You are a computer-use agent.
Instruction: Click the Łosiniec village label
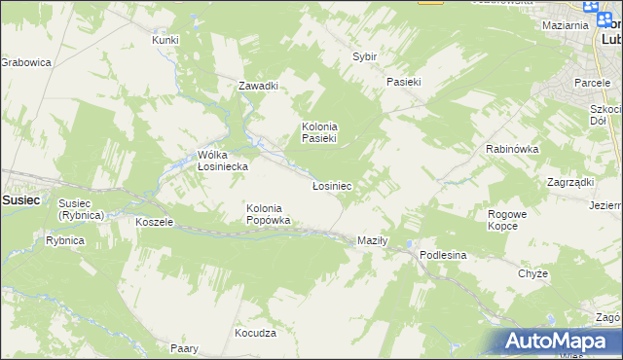331,185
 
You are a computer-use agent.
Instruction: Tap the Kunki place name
165,40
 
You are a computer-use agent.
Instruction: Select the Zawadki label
259,86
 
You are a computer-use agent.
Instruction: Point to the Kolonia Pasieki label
318,132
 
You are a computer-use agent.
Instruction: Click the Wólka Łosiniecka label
223,161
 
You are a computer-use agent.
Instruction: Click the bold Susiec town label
20,199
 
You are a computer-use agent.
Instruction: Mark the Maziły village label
373,240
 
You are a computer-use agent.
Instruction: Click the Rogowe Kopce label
504,220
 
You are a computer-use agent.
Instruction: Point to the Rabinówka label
512,149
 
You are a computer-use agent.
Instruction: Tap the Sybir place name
364,57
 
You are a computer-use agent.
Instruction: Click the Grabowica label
25,62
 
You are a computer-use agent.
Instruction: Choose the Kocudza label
256,333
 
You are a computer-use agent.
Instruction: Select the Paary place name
184,348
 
